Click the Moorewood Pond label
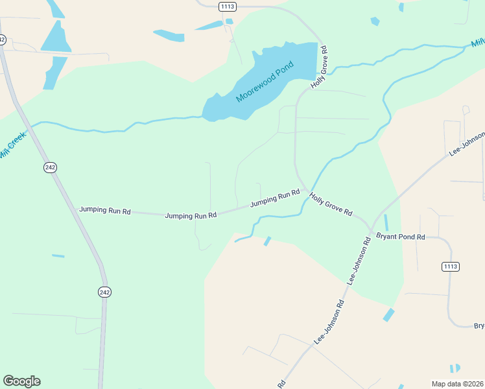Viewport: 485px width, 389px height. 265,82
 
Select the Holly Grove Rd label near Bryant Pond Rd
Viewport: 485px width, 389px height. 330,204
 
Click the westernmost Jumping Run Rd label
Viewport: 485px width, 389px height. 105,211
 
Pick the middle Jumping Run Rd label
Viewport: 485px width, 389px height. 191,215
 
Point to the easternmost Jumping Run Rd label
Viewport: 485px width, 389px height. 275,198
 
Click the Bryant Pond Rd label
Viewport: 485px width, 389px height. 400,237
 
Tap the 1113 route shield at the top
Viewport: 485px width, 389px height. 228,6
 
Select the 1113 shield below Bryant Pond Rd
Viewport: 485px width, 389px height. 451,266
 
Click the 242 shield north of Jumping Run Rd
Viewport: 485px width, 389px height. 51,167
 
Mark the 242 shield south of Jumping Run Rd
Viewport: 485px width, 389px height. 105,292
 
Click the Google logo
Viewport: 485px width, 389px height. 21,381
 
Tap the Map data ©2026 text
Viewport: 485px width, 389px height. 457,383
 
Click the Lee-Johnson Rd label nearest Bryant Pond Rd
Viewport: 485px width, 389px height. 359,261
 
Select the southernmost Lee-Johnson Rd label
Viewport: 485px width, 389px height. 329,322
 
